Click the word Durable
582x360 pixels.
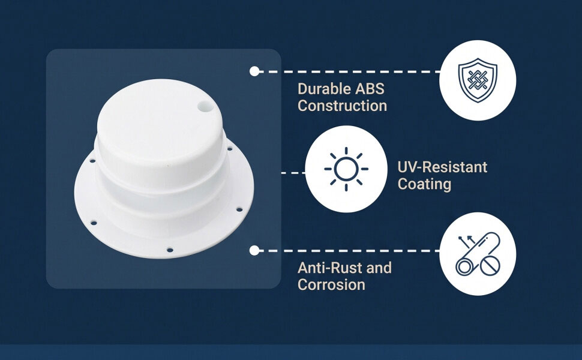324,89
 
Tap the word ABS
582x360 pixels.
370,89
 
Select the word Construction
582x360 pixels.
342,106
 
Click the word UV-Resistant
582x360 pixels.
442,167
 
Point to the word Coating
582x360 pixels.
424,184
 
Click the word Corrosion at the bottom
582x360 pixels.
331,284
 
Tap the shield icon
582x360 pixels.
478,80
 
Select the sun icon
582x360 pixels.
346,169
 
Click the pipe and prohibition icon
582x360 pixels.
478,254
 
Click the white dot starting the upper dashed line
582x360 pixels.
254,71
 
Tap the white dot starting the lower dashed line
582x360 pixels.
254,251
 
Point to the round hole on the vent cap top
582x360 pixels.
205,107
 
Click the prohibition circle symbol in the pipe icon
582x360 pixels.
490,265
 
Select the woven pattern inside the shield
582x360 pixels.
478,80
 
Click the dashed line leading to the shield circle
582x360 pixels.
350,71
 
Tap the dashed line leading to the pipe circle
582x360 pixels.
350,251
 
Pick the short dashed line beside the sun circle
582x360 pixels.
293,173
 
